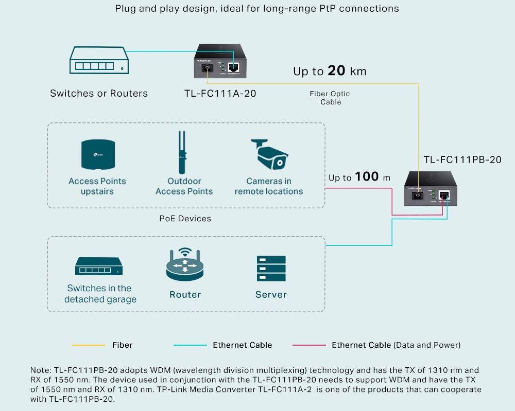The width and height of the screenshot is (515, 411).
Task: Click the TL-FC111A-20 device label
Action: (x=220, y=93)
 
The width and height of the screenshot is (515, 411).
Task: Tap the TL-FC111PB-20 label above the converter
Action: (x=462, y=160)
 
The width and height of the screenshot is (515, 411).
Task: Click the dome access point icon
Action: (x=97, y=155)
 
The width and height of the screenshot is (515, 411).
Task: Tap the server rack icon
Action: (x=271, y=269)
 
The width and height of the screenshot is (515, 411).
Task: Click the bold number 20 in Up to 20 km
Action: (x=336, y=71)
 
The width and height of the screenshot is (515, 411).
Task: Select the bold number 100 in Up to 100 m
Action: (x=367, y=177)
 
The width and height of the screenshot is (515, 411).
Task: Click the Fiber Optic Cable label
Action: (x=330, y=98)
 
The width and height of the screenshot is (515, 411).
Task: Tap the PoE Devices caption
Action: (x=185, y=219)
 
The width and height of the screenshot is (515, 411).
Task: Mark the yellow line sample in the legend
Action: (x=89, y=345)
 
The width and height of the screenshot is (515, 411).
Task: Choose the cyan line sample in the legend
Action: (x=190, y=345)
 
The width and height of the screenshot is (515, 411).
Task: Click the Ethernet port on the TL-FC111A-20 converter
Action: (x=234, y=67)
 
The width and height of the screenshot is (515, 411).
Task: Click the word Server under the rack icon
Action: (x=271, y=295)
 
